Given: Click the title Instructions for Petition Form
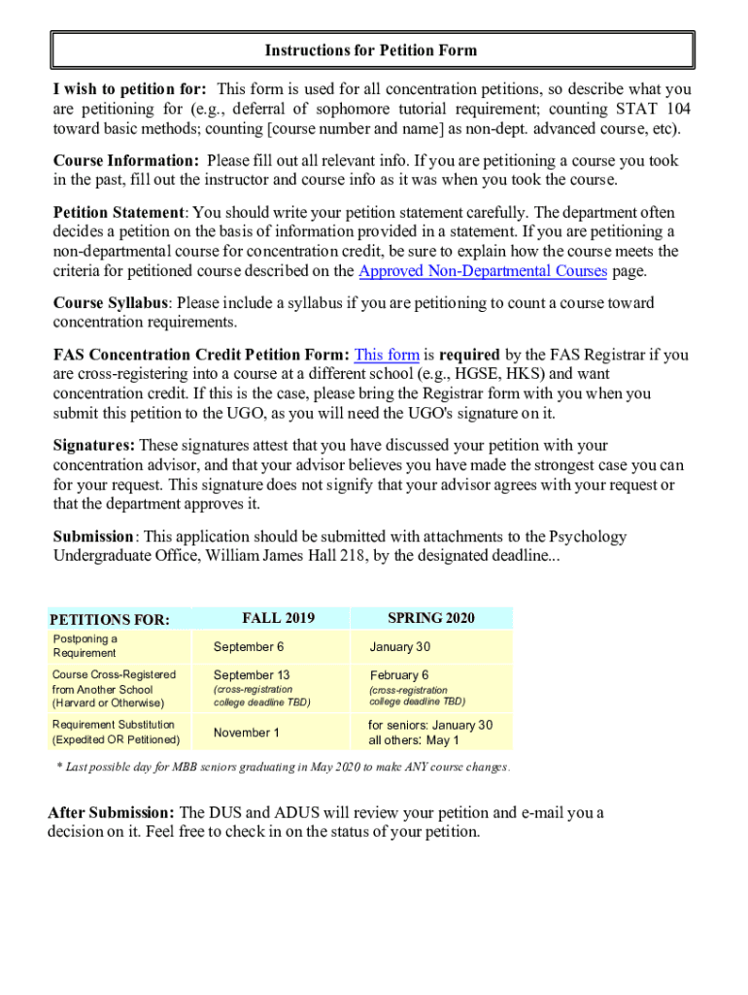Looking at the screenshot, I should click(372, 50).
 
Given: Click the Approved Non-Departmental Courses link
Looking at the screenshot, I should click(483, 271).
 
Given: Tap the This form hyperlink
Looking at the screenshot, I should click(387, 355).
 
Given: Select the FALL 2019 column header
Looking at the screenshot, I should click(278, 618).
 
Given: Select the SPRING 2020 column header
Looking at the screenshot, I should click(430, 618).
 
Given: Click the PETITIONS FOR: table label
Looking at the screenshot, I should click(110, 619).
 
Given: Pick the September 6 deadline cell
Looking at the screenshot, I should click(249, 647).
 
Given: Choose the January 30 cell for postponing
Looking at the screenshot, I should click(399, 647).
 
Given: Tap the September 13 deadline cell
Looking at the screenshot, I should click(252, 674).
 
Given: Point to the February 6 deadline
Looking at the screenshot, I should click(398, 674).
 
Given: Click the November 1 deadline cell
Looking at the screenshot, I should click(246, 733).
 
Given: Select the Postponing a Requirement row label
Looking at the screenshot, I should click(85, 645).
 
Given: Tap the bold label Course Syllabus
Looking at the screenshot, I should click(110, 303).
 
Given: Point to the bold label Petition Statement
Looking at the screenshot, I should click(119, 213).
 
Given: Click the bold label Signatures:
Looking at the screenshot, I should click(94, 445).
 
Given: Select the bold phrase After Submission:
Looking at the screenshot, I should click(112, 812).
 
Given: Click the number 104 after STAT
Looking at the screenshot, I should click(677, 109).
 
